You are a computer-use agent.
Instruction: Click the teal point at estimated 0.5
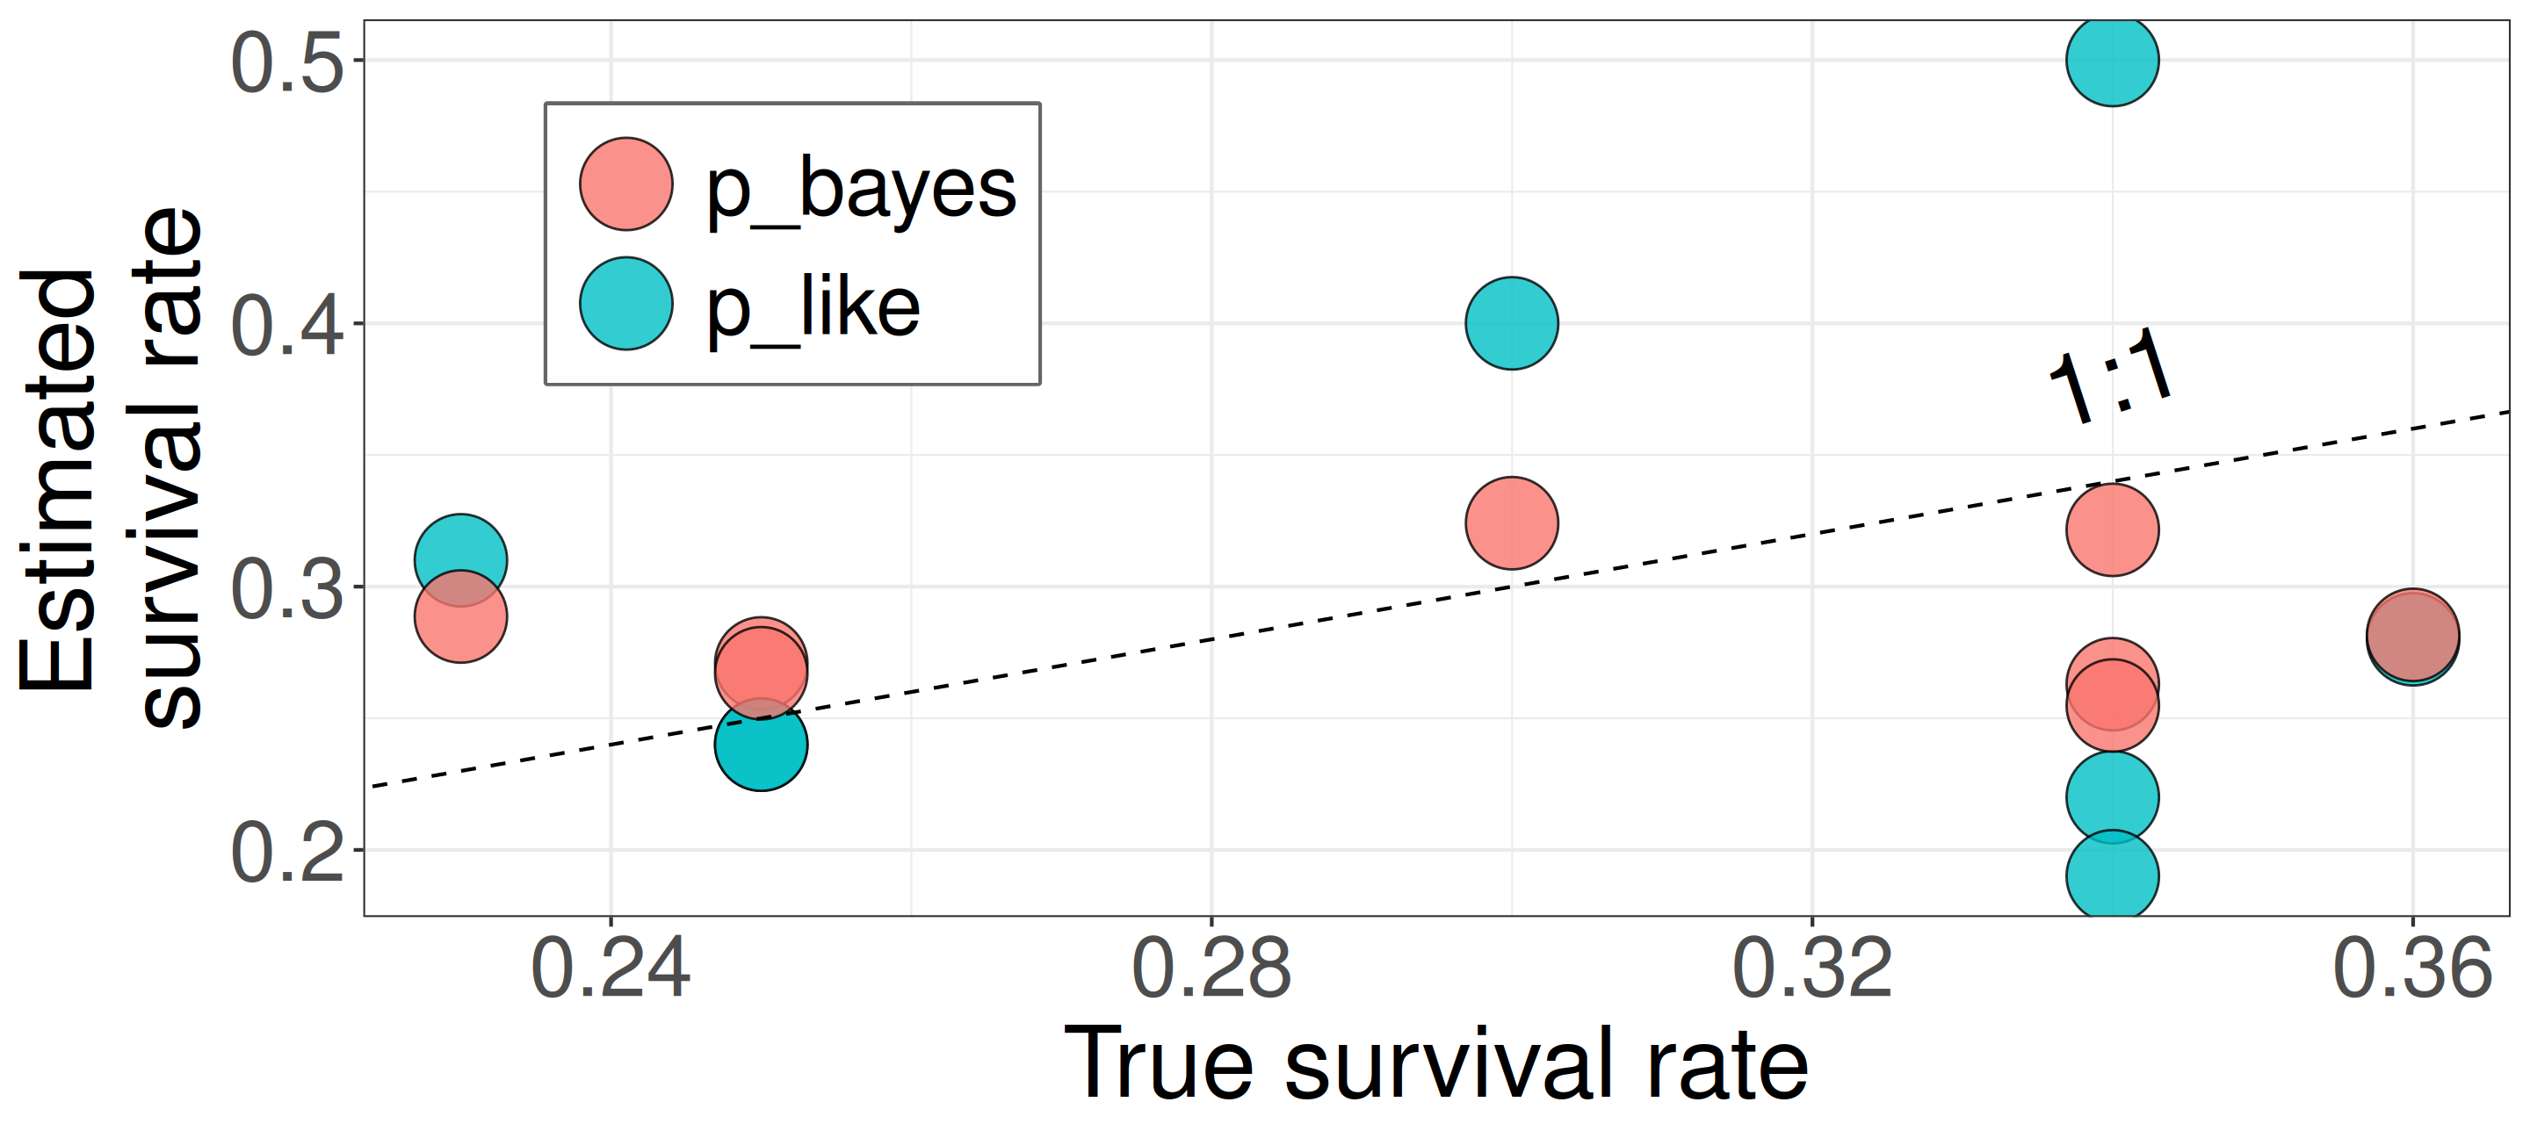[x=2112, y=60]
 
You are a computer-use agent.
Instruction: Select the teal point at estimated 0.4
[x=1512, y=323]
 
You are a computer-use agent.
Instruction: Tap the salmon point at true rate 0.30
[x=1512, y=522]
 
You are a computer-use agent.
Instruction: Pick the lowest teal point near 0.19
[x=2112, y=875]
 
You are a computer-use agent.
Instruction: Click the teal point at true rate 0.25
[x=761, y=745]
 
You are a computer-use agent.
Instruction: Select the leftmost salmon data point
[x=460, y=616]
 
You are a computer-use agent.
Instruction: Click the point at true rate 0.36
[x=2412, y=635]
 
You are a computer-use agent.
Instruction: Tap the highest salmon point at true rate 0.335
[x=2112, y=529]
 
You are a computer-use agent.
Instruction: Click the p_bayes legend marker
[x=625, y=184]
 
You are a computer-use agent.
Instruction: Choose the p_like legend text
[x=813, y=307]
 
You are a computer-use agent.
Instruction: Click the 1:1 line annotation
[x=2112, y=376]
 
